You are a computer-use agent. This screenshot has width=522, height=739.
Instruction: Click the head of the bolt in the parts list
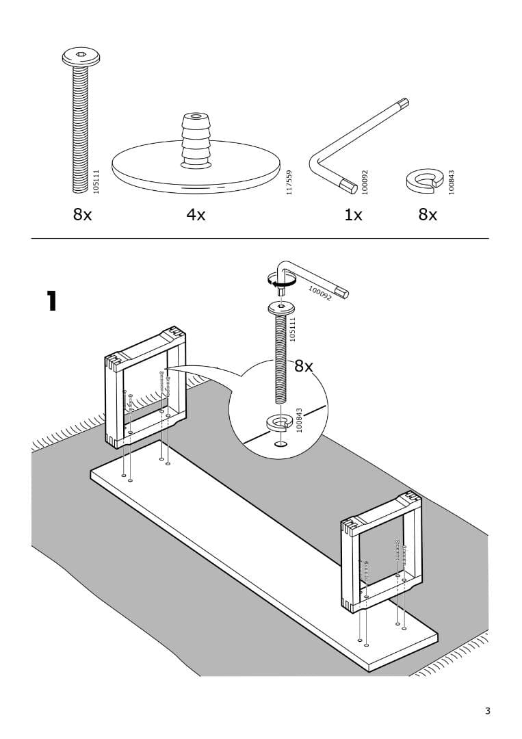[x=81, y=57]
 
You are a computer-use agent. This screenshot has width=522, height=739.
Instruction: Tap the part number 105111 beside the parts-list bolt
[x=96, y=181]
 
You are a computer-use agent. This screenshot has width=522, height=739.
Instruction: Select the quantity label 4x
[x=196, y=215]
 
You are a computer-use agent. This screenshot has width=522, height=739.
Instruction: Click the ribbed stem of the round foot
[x=196, y=140]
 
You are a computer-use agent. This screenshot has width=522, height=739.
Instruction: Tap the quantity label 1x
[x=353, y=215]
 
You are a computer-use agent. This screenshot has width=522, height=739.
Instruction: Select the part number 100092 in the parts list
[x=365, y=182]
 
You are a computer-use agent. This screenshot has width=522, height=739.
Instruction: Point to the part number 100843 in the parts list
[x=452, y=182]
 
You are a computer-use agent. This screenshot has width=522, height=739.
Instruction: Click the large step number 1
[x=51, y=301]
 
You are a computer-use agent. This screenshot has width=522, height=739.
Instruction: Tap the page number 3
[x=488, y=711]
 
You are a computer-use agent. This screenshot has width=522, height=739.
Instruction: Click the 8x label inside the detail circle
[x=304, y=366]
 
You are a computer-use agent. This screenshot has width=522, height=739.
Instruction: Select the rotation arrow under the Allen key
[x=281, y=279]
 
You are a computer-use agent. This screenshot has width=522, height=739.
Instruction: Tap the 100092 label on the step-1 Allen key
[x=319, y=294]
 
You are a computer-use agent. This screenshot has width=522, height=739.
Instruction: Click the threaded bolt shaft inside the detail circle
[x=280, y=356]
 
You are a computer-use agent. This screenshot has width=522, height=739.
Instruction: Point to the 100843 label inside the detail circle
[x=299, y=419]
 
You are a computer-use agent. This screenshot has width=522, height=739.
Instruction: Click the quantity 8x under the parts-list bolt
[x=82, y=215]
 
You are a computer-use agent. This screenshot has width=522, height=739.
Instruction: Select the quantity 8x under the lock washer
[x=428, y=215]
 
